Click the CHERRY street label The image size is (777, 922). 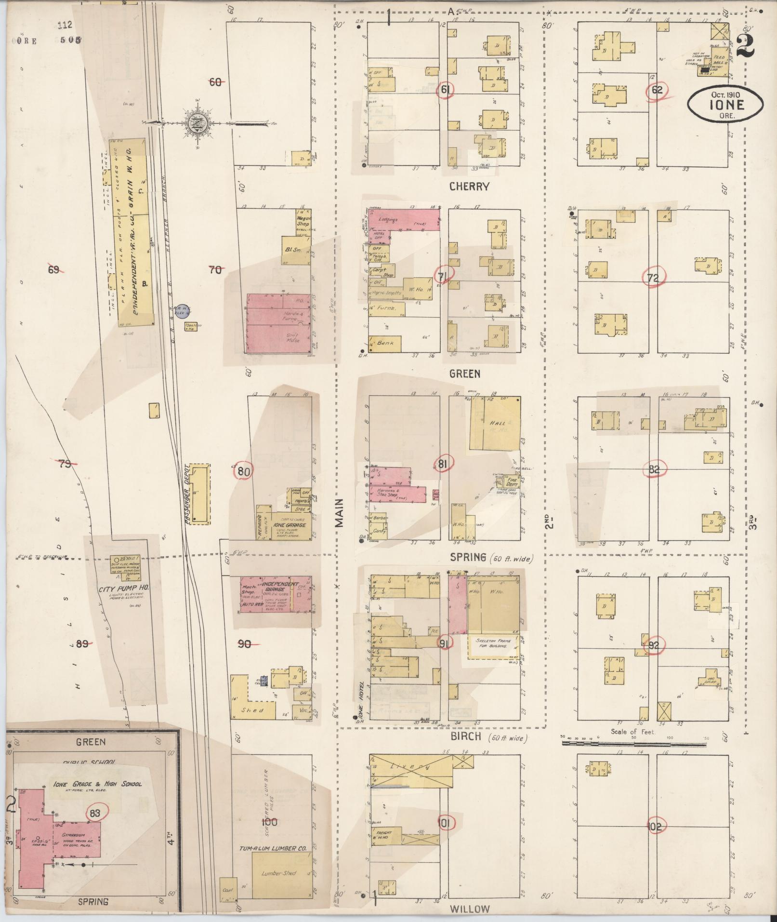(469, 187)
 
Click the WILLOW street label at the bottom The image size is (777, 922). (470, 909)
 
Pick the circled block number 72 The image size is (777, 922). (653, 278)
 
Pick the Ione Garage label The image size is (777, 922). (289, 525)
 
